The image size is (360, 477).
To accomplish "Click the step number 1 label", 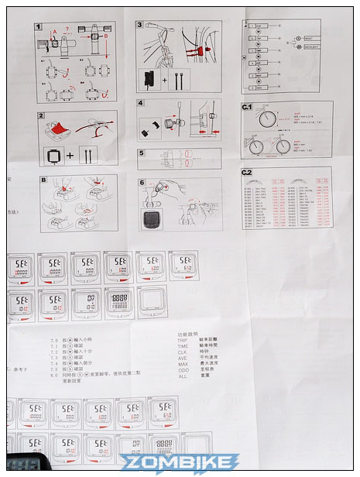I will [39, 26].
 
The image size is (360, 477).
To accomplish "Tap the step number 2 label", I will [39, 115].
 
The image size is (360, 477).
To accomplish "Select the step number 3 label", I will [141, 26].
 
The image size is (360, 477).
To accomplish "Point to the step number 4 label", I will [141, 103].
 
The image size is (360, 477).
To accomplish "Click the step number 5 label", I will [141, 153].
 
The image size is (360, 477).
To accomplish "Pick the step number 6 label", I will [141, 183].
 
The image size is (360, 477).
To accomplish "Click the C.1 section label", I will [248, 106].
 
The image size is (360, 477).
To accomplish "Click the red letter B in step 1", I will [105, 36].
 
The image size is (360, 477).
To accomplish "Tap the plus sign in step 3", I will [166, 78].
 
